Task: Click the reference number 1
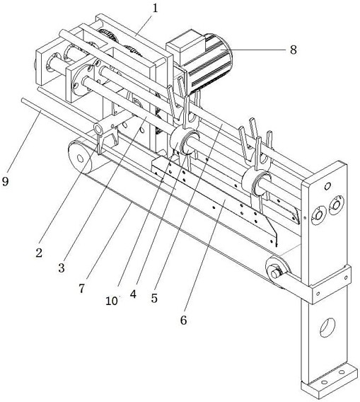point(155,8)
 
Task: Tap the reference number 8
point(293,50)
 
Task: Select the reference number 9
point(5,181)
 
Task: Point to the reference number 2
point(39,253)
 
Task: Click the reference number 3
point(62,268)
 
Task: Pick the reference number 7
point(81,289)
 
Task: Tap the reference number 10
point(112,301)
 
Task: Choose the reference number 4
point(133,294)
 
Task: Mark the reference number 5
point(154,298)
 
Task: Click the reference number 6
point(183,320)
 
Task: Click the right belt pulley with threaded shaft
point(278,272)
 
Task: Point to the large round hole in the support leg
point(327,328)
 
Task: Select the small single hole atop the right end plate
point(327,186)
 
